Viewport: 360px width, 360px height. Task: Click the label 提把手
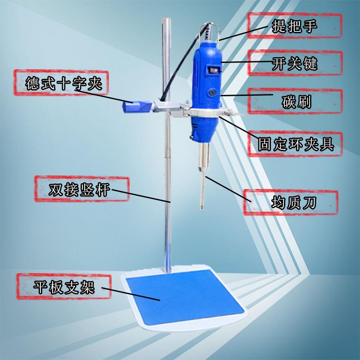pyautogui.click(x=295, y=26)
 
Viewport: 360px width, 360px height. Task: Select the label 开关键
pyautogui.click(x=295, y=63)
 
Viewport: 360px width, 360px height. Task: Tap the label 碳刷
pyautogui.click(x=295, y=101)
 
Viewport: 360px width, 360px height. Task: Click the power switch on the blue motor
pyautogui.click(x=214, y=70)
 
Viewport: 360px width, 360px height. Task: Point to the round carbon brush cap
pyautogui.click(x=211, y=92)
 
